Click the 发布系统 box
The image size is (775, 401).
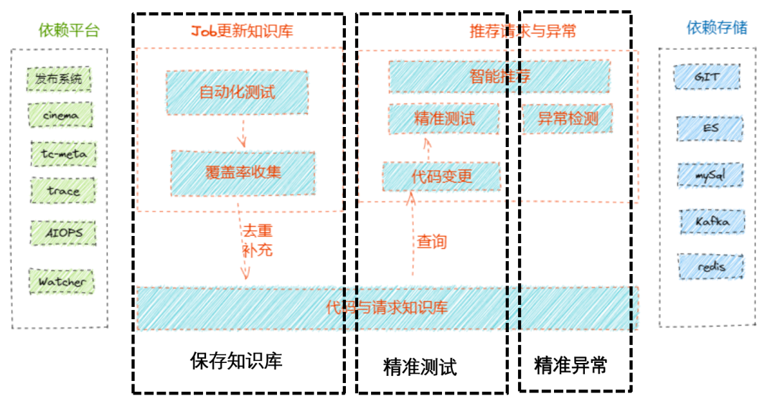tap(60, 79)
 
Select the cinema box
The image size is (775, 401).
tap(61, 115)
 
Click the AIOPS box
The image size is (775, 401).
tap(62, 233)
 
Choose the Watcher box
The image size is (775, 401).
tap(62, 281)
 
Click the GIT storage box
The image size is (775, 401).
tap(707, 77)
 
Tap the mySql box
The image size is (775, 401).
tap(709, 175)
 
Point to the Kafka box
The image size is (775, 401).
tap(711, 222)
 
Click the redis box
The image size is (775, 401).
tap(710, 267)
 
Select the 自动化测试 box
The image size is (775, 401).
tap(237, 92)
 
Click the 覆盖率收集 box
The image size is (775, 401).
tap(243, 171)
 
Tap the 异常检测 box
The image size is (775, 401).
tap(568, 119)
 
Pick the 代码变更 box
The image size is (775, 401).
tap(441, 176)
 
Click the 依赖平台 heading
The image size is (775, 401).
tap(69, 30)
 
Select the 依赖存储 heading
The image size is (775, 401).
tap(716, 27)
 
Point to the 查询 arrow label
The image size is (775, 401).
tap(432, 242)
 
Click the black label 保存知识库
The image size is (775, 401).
tap(236, 360)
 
